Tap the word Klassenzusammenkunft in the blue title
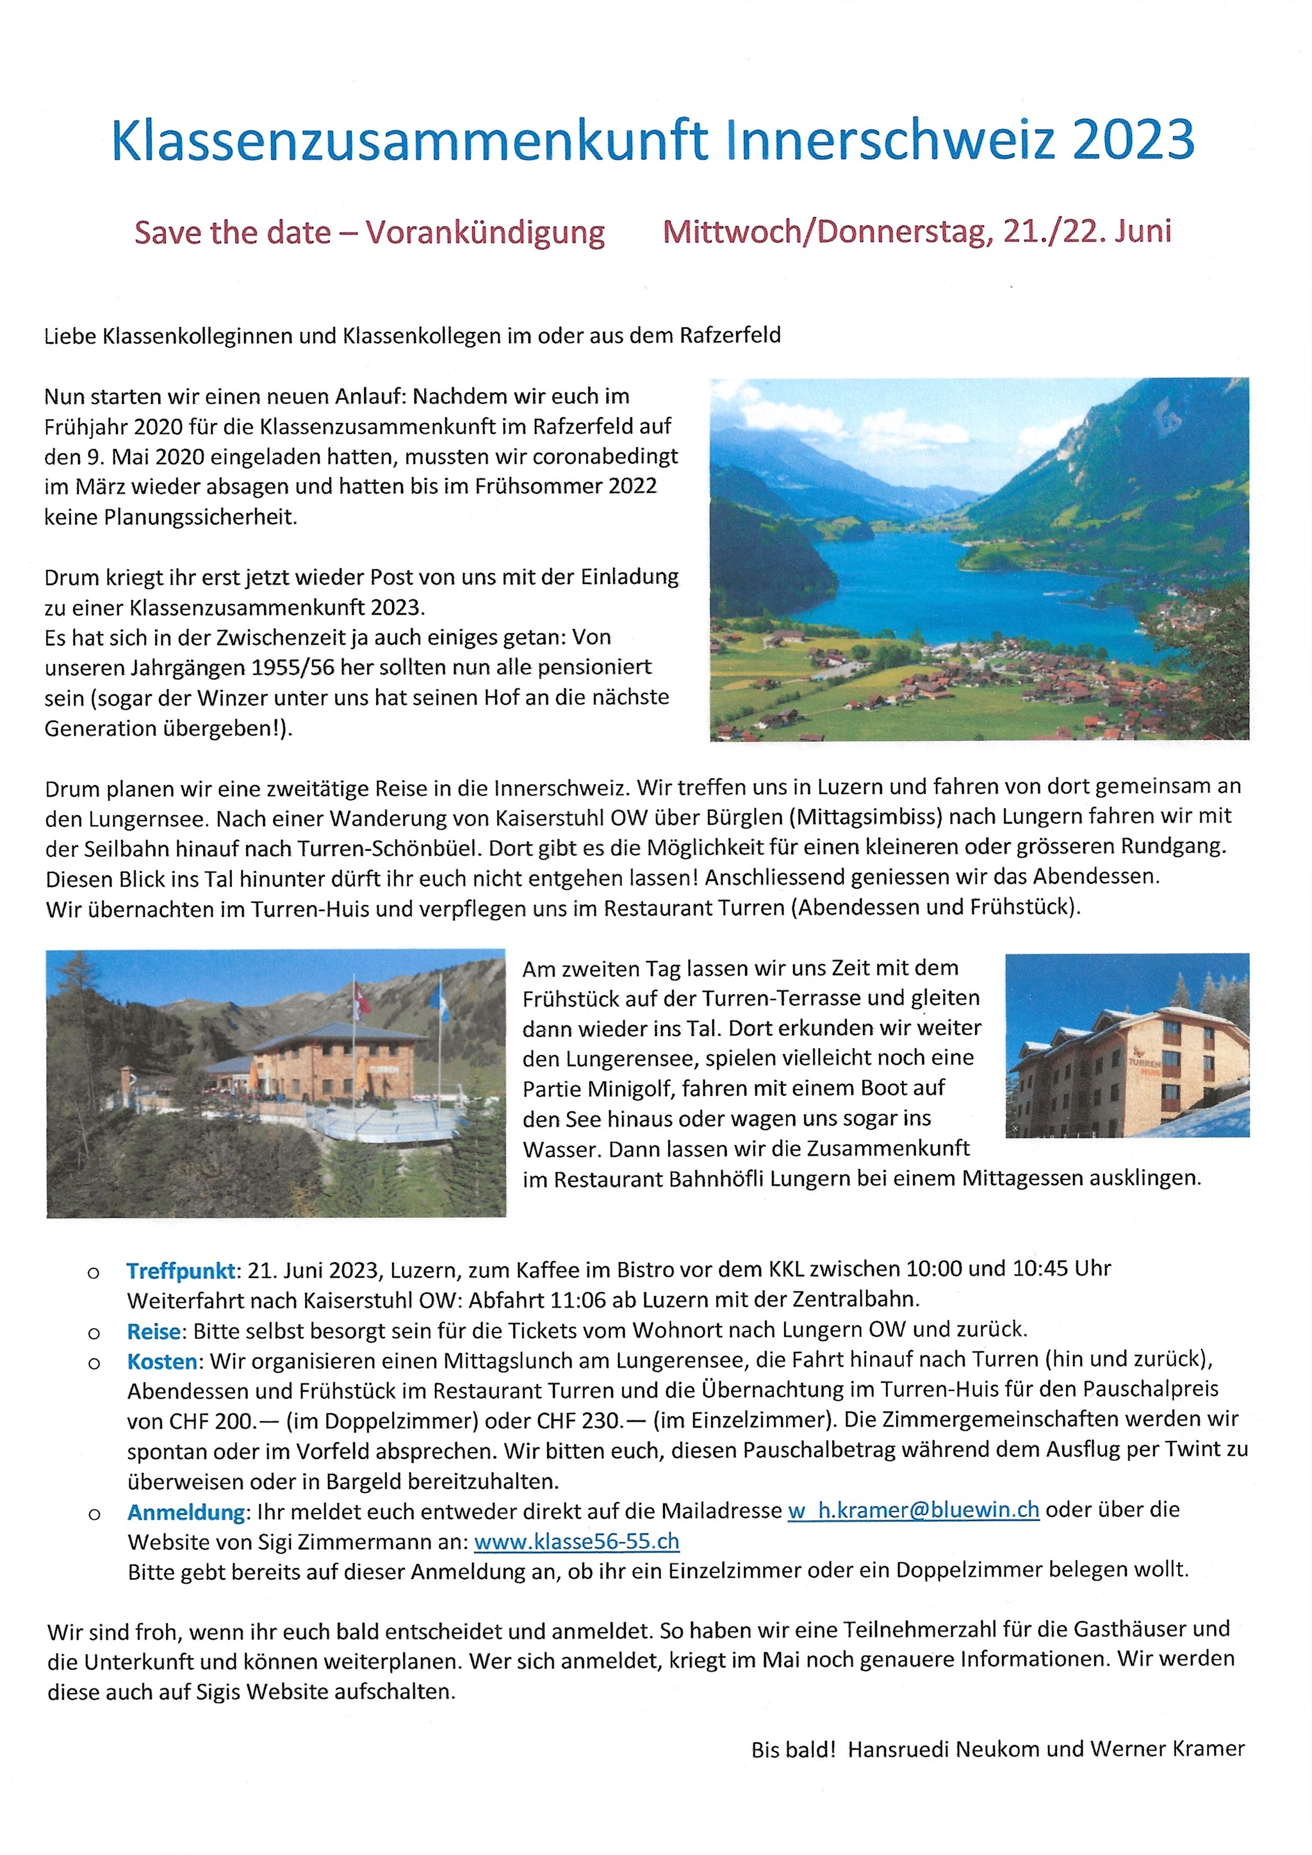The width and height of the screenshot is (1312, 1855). click(x=409, y=139)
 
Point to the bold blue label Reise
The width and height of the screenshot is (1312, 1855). click(x=154, y=1331)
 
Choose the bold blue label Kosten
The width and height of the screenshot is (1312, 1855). click(x=162, y=1362)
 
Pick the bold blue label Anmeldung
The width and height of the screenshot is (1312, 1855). click(x=186, y=1511)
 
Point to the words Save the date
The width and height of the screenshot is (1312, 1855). click(x=233, y=233)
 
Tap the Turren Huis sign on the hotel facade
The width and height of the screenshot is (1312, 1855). click(x=1144, y=1067)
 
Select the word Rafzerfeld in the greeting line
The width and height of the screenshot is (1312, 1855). click(x=730, y=335)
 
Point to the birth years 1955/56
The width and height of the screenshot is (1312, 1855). click(x=293, y=668)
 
